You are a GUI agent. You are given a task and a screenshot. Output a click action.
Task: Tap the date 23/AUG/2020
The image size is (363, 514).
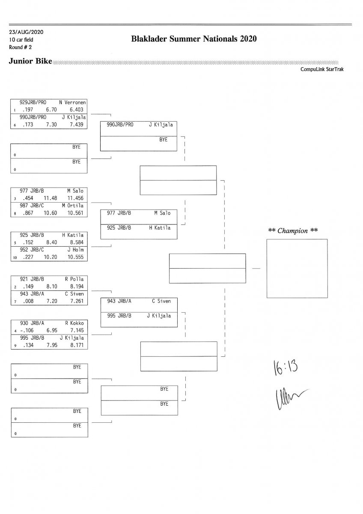point(26,32)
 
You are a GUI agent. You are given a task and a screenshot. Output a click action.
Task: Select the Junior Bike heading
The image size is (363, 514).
point(30,62)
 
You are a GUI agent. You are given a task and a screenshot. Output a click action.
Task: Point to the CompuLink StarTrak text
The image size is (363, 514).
point(322,69)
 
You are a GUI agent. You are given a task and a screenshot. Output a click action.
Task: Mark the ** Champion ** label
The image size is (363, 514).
point(293,231)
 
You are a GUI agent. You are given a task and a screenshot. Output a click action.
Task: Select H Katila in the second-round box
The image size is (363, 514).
point(159,228)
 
